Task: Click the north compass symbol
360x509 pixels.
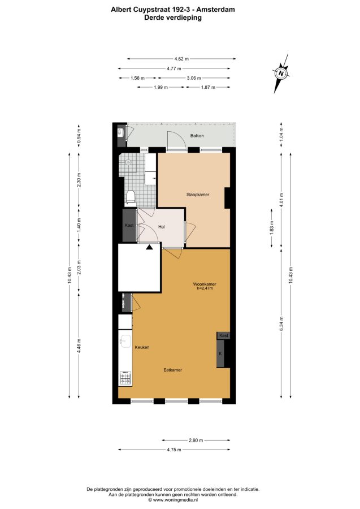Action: point(281,74)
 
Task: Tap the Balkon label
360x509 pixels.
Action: point(197,136)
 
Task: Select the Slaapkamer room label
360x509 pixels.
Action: point(197,195)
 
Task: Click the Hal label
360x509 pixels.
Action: point(161,227)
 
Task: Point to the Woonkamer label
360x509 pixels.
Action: point(205,284)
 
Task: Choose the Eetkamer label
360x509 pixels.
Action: point(172,370)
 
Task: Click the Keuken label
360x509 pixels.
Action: point(142,347)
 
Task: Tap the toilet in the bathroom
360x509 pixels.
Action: point(131,197)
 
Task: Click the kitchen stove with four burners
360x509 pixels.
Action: point(125,378)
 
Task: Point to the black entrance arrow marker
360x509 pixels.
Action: point(149,247)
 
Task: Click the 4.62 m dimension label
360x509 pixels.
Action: point(181,59)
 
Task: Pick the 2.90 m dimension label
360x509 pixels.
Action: point(196,440)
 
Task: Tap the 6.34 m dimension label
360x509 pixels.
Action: point(281,323)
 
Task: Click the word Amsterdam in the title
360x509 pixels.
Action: point(217,10)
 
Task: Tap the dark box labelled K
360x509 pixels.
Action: point(220,353)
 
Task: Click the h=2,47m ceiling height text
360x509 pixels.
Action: point(205,288)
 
